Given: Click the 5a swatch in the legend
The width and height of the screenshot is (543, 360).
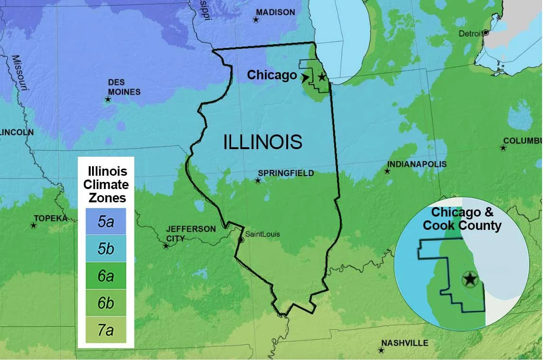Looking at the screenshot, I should coord(106,221).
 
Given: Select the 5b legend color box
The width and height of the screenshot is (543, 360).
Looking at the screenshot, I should coord(106,248).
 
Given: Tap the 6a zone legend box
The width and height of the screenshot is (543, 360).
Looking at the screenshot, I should coord(106,276).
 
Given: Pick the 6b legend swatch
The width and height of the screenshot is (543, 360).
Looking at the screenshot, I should coord(106,303).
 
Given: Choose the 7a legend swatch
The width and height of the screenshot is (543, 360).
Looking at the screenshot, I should coord(106,330).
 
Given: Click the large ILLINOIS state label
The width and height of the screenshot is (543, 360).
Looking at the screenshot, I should coord(262,142).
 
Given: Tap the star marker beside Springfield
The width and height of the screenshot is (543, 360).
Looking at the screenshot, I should coord(258,180).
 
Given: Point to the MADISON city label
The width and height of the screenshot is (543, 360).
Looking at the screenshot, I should coord(275,12).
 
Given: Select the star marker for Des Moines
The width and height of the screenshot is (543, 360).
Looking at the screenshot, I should coord(108,100).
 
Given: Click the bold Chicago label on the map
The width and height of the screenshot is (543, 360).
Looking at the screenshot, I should coord(271,75).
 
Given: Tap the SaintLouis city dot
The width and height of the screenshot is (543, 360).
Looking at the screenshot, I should coord(241,240).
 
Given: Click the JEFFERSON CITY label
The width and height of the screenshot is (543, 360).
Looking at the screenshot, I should coord(190,233).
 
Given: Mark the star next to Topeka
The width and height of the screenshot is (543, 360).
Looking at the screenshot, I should coord(33,225).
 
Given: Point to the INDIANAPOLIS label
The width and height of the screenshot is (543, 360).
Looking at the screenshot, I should coord(417,164).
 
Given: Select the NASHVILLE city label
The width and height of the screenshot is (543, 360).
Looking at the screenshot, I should coord(404,343).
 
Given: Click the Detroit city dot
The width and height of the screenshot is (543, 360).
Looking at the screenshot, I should coord(486,33).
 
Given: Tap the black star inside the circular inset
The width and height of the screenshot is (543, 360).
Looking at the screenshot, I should coord(470,279).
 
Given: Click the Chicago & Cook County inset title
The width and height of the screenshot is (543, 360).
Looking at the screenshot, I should coord(462,219).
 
